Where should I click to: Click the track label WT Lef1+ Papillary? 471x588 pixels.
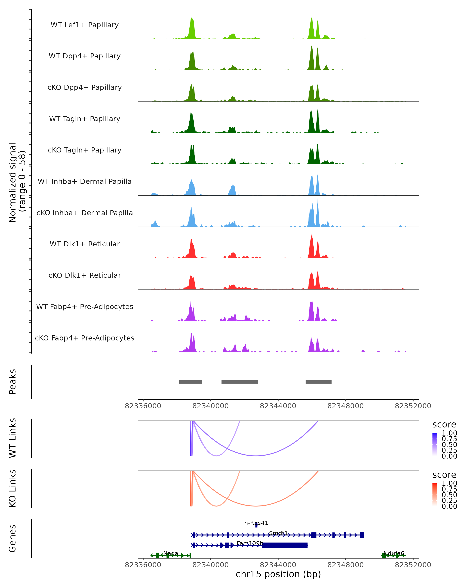[85, 25]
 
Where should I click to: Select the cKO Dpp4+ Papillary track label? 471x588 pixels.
[85, 87]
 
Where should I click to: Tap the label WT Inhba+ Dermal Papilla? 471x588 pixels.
[85, 181]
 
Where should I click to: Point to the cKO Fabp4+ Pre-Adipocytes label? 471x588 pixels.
[85, 338]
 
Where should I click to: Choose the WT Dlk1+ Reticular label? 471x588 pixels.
[85, 244]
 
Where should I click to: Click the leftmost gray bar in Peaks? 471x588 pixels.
[191, 382]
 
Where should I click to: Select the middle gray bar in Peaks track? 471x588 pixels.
[240, 382]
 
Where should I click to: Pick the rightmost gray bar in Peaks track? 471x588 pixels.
[318, 382]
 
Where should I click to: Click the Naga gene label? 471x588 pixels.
[171, 553]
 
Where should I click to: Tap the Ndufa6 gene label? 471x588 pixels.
[393, 553]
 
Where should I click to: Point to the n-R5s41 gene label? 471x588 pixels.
[256, 523]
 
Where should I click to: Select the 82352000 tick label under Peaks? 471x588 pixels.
[413, 406]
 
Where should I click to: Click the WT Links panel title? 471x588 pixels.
[13, 438]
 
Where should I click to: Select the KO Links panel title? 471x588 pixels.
[13, 488]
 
